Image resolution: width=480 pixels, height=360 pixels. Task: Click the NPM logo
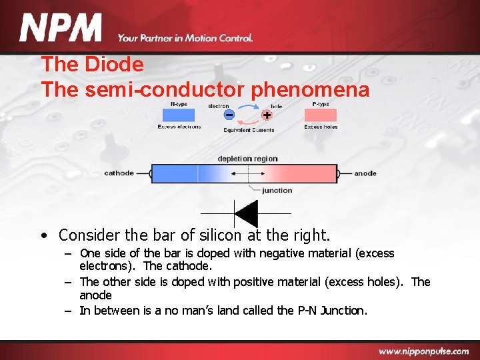pos(61,28)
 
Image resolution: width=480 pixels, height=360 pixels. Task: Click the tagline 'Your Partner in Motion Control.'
pos(185,38)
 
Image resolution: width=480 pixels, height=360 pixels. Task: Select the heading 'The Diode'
pos(92,65)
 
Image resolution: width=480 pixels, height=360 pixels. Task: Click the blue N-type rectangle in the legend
pos(178,115)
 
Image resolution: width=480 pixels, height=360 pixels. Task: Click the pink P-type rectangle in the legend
pos(321,115)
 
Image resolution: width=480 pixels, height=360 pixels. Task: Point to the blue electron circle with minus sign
pos(229,115)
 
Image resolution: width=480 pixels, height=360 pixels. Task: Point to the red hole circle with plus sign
pos(267,115)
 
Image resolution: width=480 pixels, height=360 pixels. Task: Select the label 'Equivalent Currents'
pos(249,130)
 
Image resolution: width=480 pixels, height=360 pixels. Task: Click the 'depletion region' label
pos(247,159)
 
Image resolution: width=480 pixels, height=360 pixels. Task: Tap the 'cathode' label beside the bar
pos(119,173)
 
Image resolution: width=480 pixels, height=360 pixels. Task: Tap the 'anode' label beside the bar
pos(365,173)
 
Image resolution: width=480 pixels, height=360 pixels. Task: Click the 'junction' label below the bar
pos(277,190)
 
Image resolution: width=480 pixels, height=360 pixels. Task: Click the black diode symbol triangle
pos(246,213)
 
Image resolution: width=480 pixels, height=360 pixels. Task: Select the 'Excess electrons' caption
pos(179,127)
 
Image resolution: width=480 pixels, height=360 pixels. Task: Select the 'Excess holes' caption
pos(321,127)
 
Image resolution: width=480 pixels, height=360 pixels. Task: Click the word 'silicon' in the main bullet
pos(220,235)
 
